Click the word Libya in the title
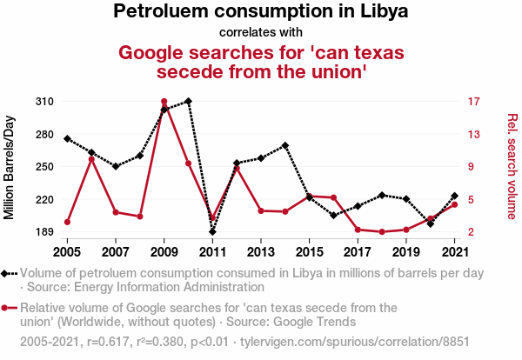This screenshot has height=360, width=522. (x=384, y=12)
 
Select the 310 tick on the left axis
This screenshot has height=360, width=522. (x=45, y=102)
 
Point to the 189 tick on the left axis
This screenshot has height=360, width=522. (x=45, y=232)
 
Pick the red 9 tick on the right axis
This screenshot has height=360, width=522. (x=471, y=167)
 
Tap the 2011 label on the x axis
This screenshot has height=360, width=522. (x=212, y=252)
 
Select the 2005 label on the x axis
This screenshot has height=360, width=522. (x=67, y=252)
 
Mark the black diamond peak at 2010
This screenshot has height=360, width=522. (x=188, y=101)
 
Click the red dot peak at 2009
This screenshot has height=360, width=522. (x=164, y=102)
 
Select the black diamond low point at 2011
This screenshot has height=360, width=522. (x=212, y=232)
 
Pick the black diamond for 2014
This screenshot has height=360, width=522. (x=285, y=145)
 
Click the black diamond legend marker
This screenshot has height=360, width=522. (x=8, y=273)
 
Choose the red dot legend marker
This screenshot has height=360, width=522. (x=8, y=308)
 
